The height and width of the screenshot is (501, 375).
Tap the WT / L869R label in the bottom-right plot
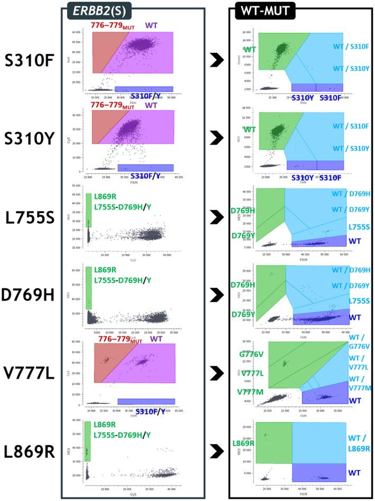coord(361,443)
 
